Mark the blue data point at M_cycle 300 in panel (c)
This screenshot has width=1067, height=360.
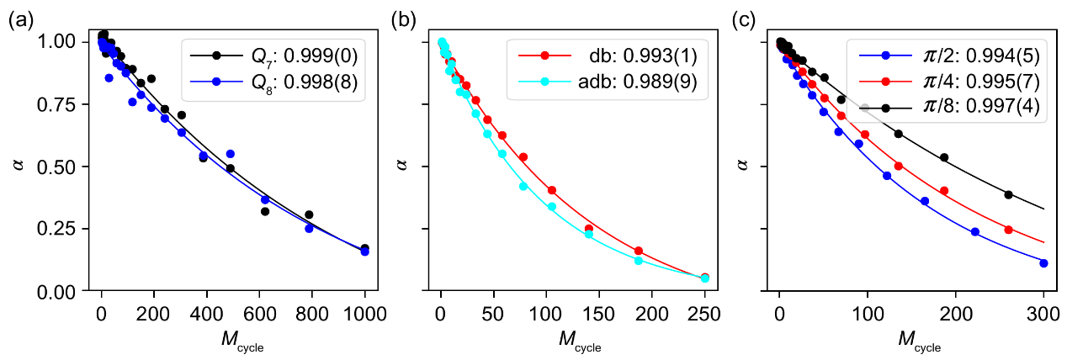coord(1043,263)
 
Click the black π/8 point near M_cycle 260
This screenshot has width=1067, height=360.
coord(1008,195)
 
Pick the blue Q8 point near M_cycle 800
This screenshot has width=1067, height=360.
coord(309,228)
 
